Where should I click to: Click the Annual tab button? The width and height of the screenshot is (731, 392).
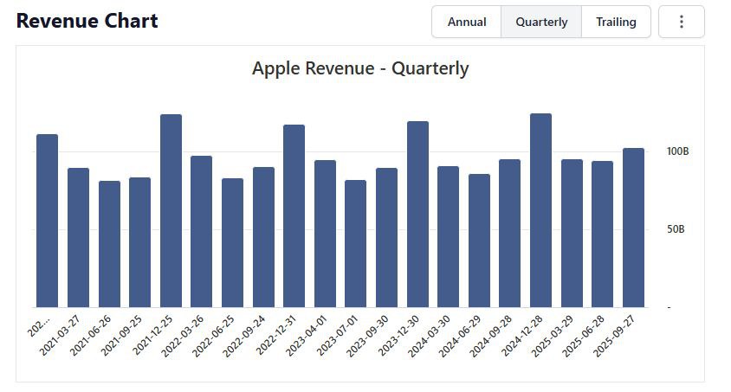click(466, 22)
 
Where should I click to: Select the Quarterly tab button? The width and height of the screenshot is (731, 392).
click(541, 22)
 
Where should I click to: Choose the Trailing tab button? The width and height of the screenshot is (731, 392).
click(616, 22)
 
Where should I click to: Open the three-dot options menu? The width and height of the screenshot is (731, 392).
click(682, 22)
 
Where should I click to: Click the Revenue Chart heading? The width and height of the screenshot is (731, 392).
click(87, 21)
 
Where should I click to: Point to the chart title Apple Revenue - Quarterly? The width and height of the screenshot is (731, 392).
click(360, 68)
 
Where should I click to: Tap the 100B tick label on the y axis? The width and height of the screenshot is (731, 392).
click(677, 151)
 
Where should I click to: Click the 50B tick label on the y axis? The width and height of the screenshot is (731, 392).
click(676, 229)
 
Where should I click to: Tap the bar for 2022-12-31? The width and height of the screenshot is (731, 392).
click(294, 215)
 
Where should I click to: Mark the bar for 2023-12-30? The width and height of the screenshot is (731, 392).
click(417, 214)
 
